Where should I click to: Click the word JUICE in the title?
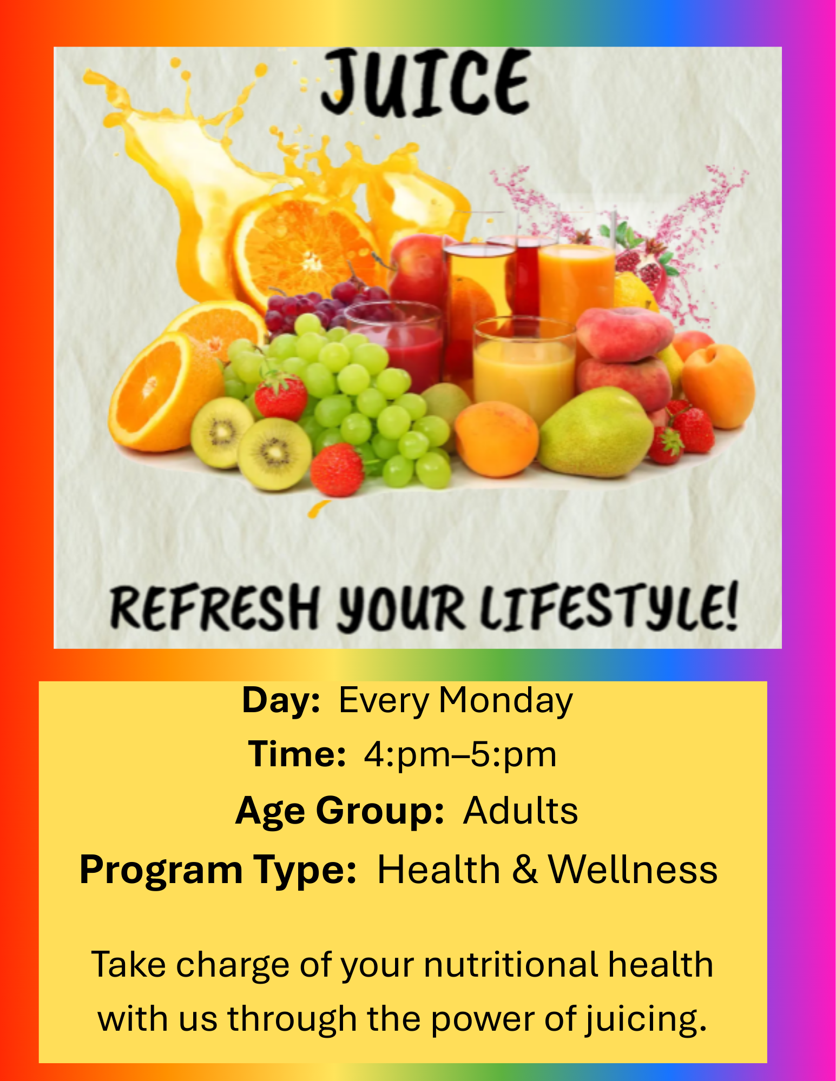coord(425,82)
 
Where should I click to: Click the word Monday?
coord(505,701)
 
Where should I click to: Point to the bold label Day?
coord(281,700)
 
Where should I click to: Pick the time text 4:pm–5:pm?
coord(460,755)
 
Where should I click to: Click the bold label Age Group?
coord(340,811)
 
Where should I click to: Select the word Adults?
coord(521,810)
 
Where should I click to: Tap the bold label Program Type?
coord(218,871)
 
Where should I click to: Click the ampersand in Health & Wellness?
coord(524,870)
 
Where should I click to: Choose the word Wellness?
coord(633,870)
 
